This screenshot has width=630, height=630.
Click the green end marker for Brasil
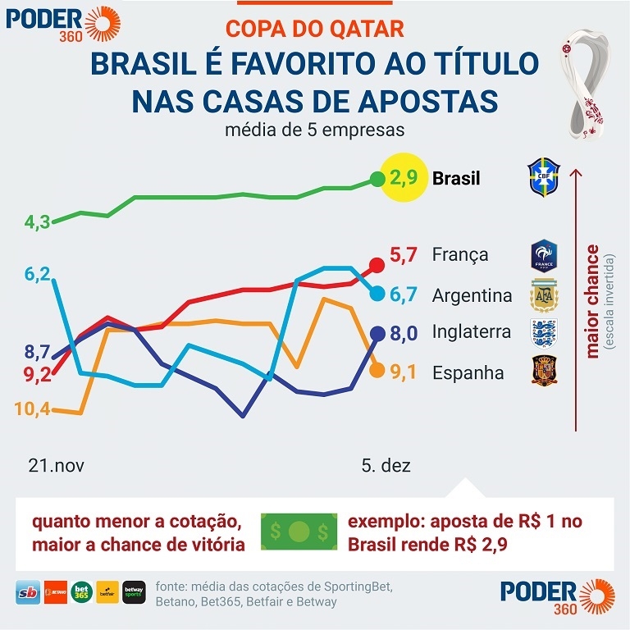pos(377,178)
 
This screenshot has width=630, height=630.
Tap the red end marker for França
pos(377,264)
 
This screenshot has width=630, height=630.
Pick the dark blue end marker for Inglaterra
pos(377,333)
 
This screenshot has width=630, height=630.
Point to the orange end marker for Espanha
pos(377,370)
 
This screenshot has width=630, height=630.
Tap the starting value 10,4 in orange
pos(32,408)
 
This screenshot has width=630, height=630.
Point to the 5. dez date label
pos(386,466)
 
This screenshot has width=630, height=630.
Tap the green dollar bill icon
pos(298,532)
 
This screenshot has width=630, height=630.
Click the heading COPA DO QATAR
pos(315,29)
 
